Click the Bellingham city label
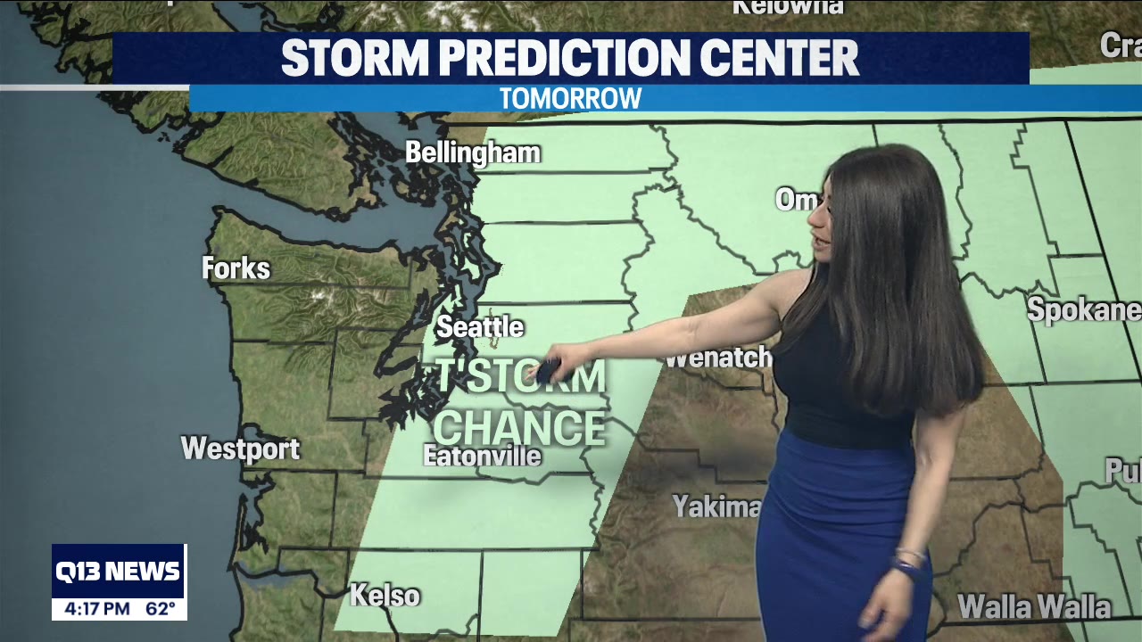point(473,153)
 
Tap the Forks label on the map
point(236,268)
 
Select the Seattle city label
point(479,327)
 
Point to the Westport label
point(240,449)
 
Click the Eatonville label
point(482,457)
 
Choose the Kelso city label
point(385,595)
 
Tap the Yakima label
point(716,506)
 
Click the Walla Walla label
point(1034,607)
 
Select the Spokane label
point(1083,309)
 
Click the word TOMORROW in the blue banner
point(570,98)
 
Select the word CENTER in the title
point(779,58)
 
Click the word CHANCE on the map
point(519,427)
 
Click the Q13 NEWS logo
point(119,572)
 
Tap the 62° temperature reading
point(161,609)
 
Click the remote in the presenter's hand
point(545,370)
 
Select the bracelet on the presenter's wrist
point(907,561)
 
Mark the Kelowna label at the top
point(787,7)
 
